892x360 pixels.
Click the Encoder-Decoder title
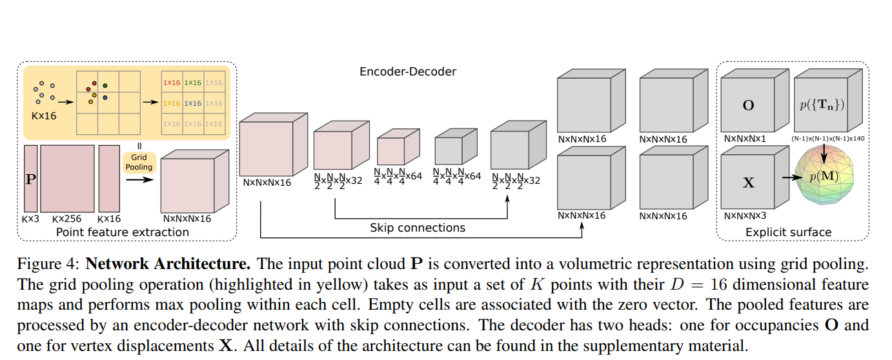click(x=407, y=72)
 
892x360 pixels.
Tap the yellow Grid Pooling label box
click(x=139, y=162)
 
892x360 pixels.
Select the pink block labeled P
click(x=30, y=179)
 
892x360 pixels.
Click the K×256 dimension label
click(x=68, y=219)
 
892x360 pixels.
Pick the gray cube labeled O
click(x=748, y=105)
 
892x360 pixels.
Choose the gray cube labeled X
click(x=748, y=183)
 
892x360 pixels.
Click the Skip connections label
click(x=417, y=227)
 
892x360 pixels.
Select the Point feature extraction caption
click(x=123, y=232)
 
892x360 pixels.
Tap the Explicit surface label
click(x=788, y=232)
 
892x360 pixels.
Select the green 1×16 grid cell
click(x=192, y=83)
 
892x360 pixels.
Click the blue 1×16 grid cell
click(x=192, y=103)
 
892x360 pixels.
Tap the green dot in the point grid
click(x=105, y=85)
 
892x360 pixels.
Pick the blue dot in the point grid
click(x=104, y=97)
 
